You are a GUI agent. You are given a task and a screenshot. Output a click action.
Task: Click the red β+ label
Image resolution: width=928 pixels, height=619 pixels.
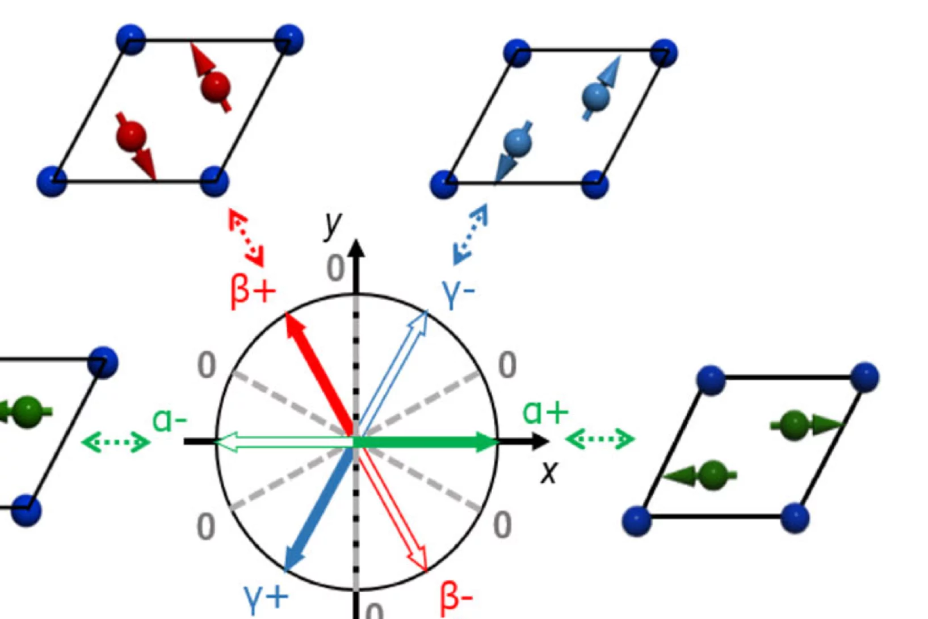[253, 291]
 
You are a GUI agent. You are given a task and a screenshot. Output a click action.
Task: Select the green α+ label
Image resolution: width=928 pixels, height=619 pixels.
[544, 412]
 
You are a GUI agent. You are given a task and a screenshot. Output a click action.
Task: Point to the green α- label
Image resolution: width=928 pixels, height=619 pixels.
[169, 421]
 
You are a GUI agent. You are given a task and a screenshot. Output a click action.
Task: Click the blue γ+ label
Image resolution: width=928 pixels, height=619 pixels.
[266, 596]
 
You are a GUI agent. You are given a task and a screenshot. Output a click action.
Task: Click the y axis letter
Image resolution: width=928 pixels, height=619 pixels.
[333, 225]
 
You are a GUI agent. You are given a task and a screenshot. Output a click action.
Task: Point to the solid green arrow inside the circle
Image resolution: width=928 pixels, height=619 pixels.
[426, 442]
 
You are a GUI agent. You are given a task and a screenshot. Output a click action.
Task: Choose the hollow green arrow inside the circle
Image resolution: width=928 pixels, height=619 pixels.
[284, 442]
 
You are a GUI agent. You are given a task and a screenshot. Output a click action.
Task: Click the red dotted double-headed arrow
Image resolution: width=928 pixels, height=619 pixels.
[246, 237]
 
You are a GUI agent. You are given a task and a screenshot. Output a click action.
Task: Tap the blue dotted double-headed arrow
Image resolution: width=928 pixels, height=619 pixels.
[470, 234]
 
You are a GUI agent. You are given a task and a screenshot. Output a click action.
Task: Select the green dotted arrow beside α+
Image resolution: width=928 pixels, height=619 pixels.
[600, 439]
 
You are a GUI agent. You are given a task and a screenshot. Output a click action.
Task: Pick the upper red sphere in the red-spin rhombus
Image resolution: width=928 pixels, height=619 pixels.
[215, 87]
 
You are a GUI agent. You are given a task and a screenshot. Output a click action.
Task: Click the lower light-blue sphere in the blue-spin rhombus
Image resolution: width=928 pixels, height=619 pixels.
[517, 142]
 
